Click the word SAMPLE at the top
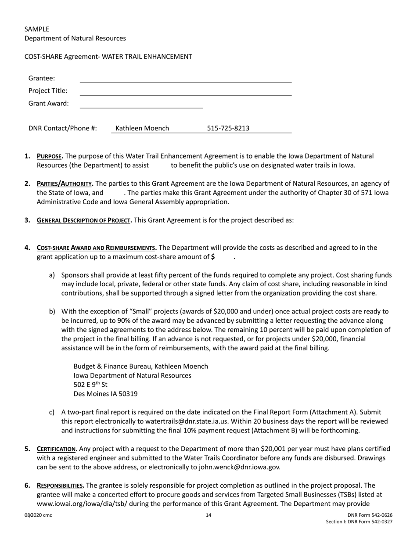click(37, 29)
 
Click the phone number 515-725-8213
click(228, 129)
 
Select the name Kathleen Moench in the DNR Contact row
click(142, 129)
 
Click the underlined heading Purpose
click(50, 156)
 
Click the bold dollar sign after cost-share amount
click(213, 257)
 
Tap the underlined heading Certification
click(57, 449)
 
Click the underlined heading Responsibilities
click(61, 486)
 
